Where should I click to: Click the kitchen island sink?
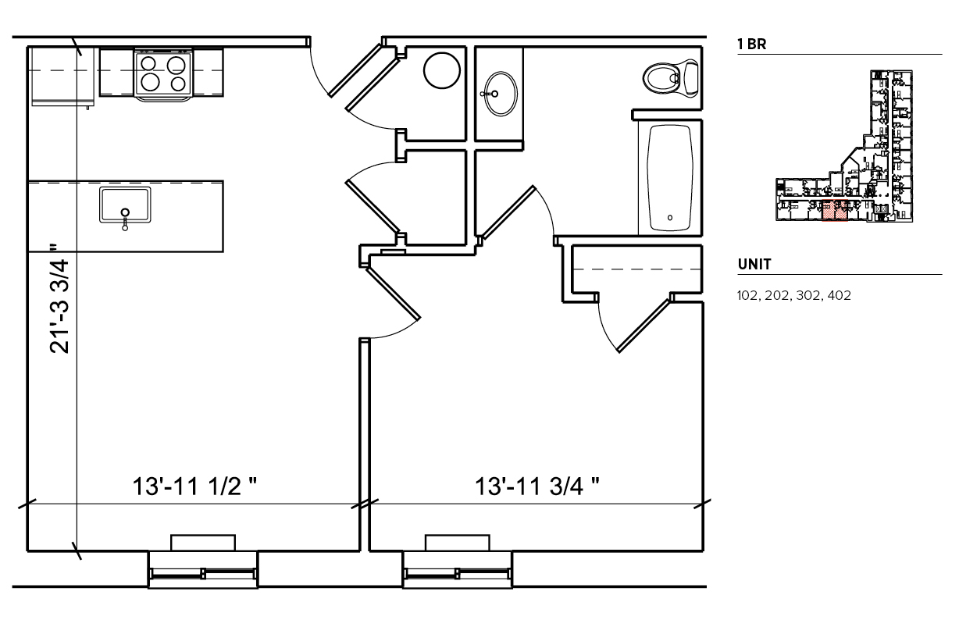(x=125, y=205)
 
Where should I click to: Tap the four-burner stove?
(x=163, y=75)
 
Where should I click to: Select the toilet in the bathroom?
(x=671, y=78)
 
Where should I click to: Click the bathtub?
(x=670, y=178)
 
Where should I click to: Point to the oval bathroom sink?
(x=501, y=94)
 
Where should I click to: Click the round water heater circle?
(x=442, y=70)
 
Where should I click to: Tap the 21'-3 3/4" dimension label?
(x=59, y=299)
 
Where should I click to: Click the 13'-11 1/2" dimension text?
(x=194, y=486)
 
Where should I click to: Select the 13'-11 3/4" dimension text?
(x=537, y=486)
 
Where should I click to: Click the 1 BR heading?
(x=752, y=44)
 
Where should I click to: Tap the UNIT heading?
(x=754, y=264)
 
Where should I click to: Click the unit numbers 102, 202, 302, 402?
(x=793, y=295)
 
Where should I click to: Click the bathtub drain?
(x=670, y=218)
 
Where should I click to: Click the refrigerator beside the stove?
(x=63, y=77)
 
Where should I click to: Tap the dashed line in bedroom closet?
(x=636, y=269)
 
